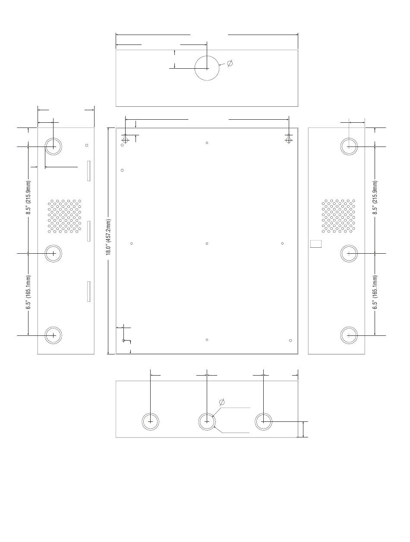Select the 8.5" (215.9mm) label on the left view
click(28, 197)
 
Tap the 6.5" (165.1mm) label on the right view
click(375, 292)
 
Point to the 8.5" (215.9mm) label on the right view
click(375, 197)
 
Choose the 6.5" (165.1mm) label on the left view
click(28, 292)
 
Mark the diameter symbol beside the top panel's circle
click(230, 63)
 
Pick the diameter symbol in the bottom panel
click(222, 402)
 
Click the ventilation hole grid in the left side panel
click(64, 216)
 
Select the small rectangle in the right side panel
click(315, 243)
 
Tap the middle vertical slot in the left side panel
click(88, 231)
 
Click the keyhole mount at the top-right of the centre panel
click(288, 139)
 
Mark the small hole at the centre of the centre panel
click(207, 243)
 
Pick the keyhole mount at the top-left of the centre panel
click(126, 139)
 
